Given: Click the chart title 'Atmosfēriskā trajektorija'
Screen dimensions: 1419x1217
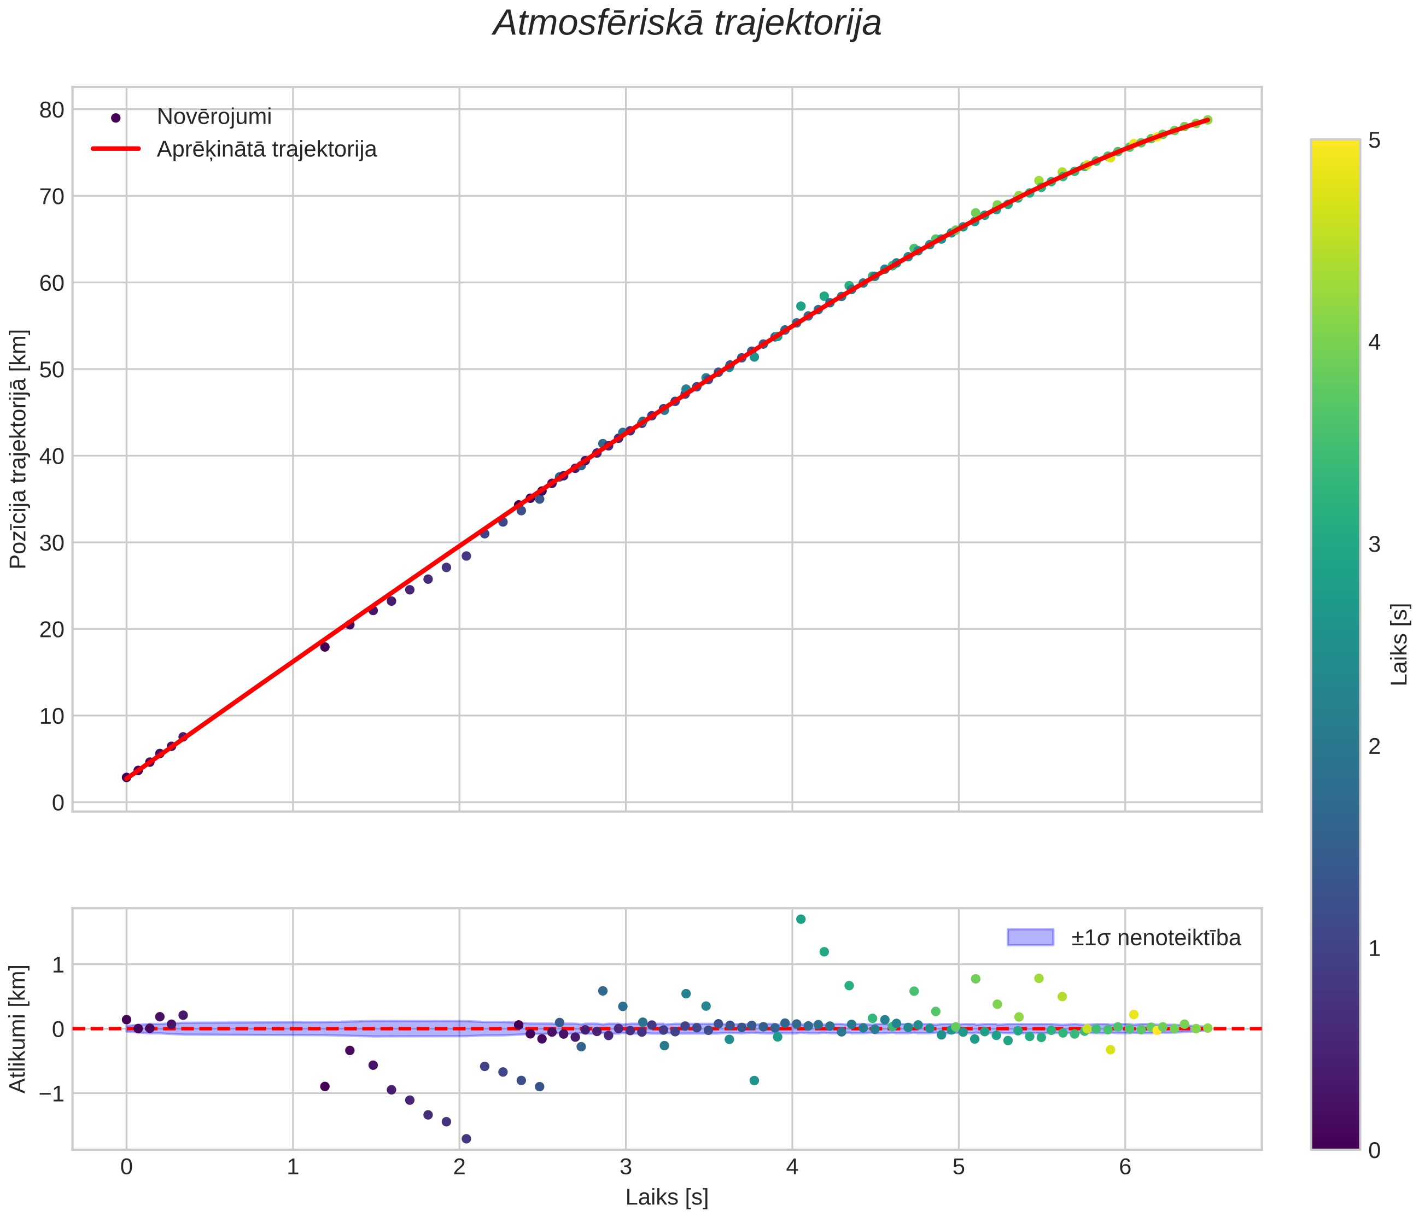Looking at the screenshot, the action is (687, 24).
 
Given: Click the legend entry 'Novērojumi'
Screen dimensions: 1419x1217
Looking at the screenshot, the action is (214, 117).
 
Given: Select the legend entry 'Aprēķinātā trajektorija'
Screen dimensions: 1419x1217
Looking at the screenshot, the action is (266, 149).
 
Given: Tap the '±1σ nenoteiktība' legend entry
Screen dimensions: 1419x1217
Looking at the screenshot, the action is (1155, 938).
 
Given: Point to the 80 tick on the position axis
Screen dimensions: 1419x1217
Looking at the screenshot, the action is (51, 109).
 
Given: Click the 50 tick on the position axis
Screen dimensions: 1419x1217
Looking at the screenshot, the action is (51, 369).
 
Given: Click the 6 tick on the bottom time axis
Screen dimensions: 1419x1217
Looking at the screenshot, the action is (1125, 1167).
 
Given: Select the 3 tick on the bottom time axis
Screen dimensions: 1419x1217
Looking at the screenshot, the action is (625, 1167).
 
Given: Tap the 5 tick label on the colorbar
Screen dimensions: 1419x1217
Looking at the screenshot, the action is (1374, 141).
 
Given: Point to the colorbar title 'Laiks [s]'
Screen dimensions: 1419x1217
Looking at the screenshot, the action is (1400, 645).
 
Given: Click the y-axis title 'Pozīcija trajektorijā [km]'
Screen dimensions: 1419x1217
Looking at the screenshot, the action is (19, 449).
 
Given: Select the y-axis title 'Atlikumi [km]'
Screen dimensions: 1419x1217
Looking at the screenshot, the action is (19, 1029).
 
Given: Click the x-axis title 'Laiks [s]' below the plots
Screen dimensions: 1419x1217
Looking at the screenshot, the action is (667, 1197).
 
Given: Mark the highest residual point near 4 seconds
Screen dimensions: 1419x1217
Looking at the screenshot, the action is (801, 919).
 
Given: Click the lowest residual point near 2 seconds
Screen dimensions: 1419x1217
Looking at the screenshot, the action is (466, 1139).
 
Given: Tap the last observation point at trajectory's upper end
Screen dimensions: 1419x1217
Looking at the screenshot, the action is (1207, 120).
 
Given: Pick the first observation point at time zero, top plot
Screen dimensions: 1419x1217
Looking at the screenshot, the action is (126, 777).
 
